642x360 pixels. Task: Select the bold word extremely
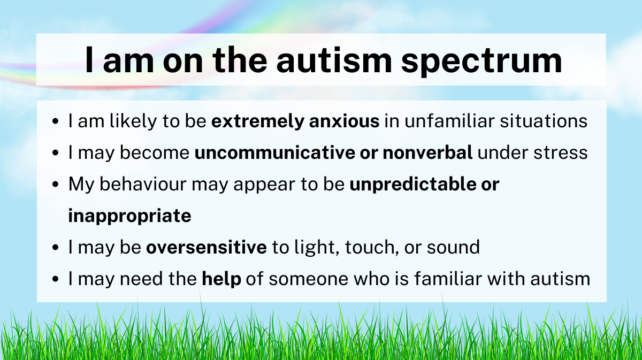click(x=258, y=121)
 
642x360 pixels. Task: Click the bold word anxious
click(x=344, y=121)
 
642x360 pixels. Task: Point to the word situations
click(x=544, y=121)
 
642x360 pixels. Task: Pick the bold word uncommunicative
click(x=275, y=152)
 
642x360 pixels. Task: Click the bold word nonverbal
click(x=427, y=152)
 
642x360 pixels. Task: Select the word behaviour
click(x=143, y=183)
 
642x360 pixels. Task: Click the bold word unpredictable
click(x=412, y=185)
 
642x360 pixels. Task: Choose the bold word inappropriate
click(x=129, y=216)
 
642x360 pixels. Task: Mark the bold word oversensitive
click(x=207, y=247)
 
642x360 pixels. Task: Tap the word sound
click(x=453, y=247)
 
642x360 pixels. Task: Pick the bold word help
click(x=221, y=279)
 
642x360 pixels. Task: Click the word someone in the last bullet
click(x=308, y=279)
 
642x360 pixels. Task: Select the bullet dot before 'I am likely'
click(x=56, y=121)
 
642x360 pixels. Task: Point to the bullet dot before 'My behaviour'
click(x=56, y=185)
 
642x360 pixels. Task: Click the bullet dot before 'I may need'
click(x=56, y=279)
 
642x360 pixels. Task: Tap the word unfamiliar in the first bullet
click(x=449, y=121)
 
